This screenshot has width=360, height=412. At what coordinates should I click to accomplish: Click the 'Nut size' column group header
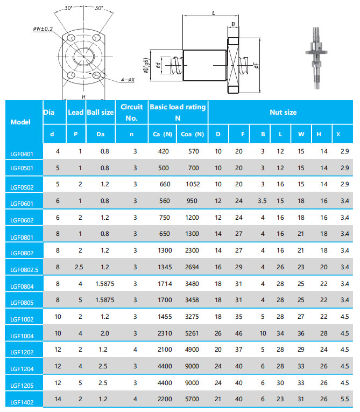(x=283, y=112)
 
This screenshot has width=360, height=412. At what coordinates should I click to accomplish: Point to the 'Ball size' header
(x=100, y=112)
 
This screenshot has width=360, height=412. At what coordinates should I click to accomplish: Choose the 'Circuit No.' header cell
(x=132, y=112)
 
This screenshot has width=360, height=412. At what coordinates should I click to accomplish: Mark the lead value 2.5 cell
(x=80, y=267)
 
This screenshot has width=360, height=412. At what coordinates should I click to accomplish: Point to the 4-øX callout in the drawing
(x=128, y=79)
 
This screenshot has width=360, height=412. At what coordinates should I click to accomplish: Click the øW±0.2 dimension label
(x=43, y=28)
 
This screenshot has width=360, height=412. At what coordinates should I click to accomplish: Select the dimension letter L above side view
(x=214, y=12)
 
